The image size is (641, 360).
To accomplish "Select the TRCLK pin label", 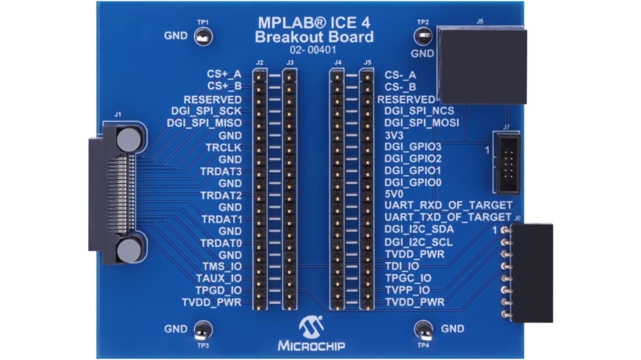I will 223,148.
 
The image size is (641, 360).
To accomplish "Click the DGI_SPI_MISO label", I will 204,123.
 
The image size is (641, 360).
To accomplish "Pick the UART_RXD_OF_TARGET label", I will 448,205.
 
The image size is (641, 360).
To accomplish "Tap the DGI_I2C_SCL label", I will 418,242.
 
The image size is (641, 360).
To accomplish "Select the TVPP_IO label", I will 407,290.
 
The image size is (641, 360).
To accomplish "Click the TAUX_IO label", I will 219,278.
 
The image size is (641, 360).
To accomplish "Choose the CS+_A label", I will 224,74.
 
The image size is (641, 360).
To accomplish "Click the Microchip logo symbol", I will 311,327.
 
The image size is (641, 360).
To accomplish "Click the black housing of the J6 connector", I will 532,273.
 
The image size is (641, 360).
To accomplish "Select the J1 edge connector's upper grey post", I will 129,139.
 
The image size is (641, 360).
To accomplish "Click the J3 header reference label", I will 290,63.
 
